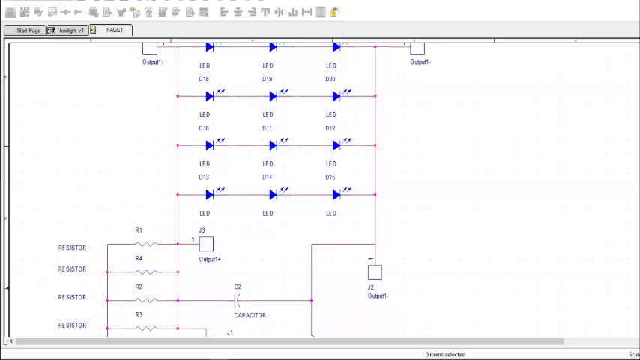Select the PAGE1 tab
[x=114, y=30]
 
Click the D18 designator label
[x=204, y=79]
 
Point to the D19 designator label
[x=267, y=79]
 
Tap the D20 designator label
[x=330, y=79]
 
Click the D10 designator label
[x=204, y=128]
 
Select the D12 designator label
[x=330, y=128]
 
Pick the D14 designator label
[x=267, y=178]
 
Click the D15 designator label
[x=330, y=178]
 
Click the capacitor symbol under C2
[x=238, y=300]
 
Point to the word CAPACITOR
[x=250, y=316]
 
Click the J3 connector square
[x=206, y=244]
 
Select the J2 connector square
[x=375, y=272]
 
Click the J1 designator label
[x=230, y=332]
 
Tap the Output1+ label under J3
[x=210, y=259]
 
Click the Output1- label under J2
[x=378, y=296]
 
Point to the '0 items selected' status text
[x=445, y=355]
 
